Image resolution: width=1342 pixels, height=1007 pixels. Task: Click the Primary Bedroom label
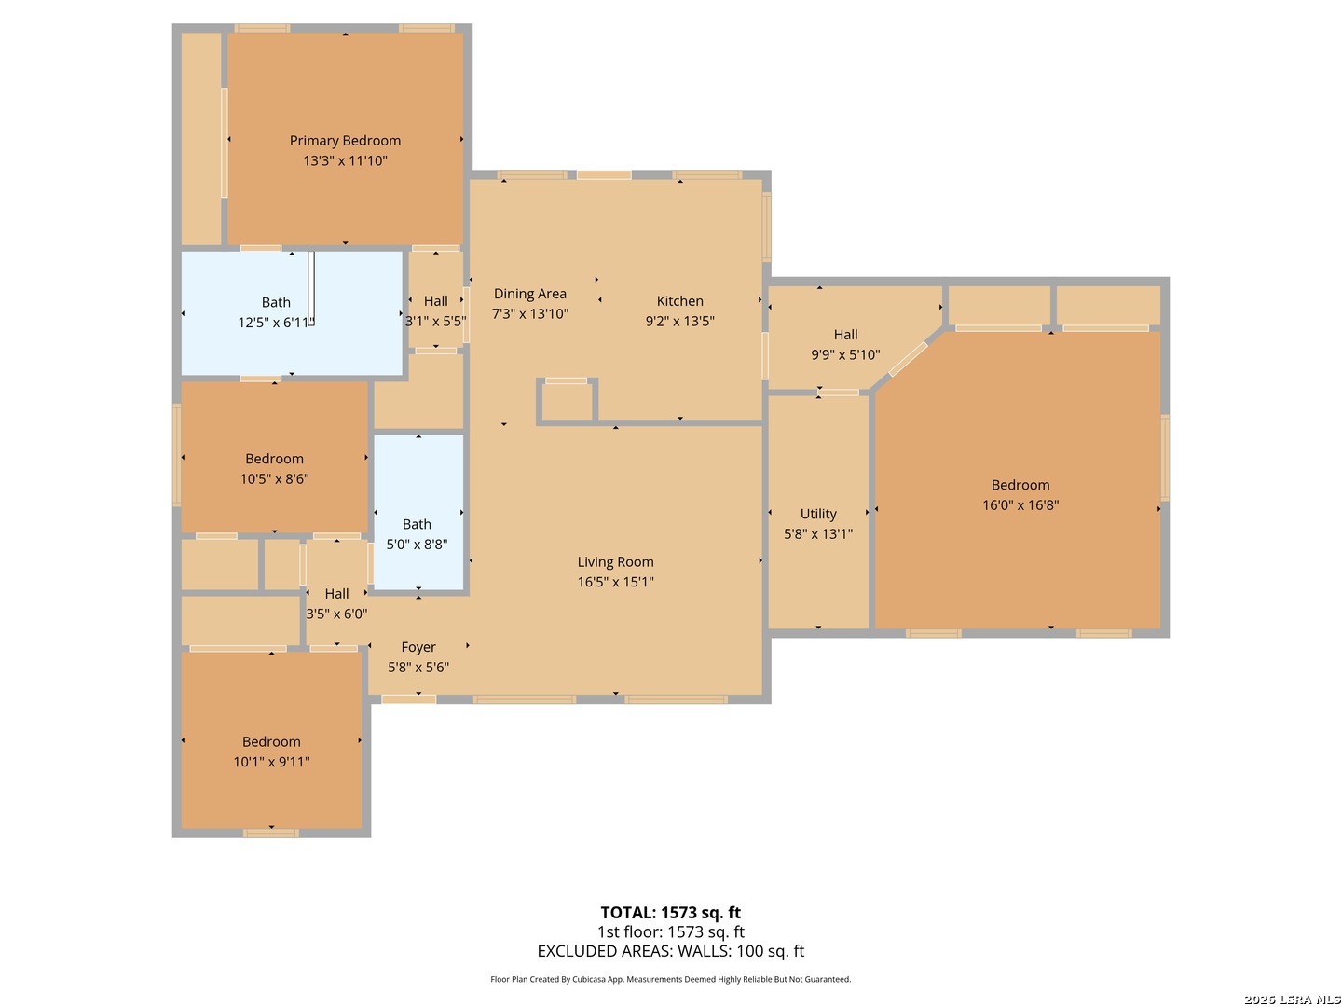(345, 141)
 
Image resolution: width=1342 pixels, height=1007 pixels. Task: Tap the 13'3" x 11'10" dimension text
(345, 160)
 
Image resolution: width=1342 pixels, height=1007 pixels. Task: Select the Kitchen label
(679, 301)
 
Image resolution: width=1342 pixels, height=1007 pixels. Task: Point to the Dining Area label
(529, 294)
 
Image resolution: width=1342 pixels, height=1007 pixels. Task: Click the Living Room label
(615, 562)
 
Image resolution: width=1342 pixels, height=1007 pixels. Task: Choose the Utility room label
(818, 514)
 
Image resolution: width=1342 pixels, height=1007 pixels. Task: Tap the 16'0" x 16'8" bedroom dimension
(1020, 505)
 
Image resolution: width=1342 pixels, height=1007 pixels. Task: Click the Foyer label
(418, 647)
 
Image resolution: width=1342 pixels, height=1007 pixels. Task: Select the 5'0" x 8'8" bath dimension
(417, 545)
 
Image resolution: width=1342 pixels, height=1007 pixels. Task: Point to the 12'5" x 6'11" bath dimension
(276, 323)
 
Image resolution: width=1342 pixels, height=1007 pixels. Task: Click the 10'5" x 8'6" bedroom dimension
(274, 479)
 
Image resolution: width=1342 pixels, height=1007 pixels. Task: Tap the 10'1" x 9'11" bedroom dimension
(271, 762)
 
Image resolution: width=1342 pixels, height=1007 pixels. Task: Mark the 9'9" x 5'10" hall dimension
(845, 354)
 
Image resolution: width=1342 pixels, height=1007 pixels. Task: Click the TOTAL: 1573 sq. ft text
(670, 913)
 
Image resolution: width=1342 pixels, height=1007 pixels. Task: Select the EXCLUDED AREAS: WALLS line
(670, 951)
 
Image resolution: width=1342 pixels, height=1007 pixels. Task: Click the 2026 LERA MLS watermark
(1292, 1000)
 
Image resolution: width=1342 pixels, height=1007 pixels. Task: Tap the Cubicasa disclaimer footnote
(670, 979)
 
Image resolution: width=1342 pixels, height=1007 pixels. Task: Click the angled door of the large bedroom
(908, 359)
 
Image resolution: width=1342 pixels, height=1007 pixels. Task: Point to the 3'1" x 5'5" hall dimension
(435, 321)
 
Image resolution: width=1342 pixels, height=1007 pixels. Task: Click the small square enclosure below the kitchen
(567, 402)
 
